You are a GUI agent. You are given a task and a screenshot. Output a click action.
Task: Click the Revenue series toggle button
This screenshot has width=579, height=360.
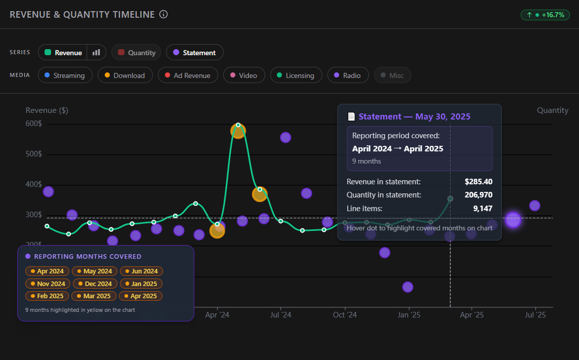(63, 53)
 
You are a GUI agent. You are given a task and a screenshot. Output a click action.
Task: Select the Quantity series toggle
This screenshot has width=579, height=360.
(136, 53)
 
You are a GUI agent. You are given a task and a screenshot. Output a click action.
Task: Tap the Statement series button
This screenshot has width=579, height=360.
(194, 53)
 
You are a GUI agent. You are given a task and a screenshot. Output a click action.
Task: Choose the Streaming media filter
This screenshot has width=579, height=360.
(64, 75)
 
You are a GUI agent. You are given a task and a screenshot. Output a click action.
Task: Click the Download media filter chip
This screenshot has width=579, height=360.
(125, 75)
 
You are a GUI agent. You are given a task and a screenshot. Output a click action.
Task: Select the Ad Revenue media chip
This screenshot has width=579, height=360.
(187, 75)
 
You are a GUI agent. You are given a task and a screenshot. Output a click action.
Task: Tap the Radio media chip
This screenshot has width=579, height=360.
(347, 75)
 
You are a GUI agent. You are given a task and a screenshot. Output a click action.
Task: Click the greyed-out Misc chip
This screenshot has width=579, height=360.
(392, 75)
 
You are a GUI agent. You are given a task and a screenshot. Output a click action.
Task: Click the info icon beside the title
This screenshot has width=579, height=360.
(163, 15)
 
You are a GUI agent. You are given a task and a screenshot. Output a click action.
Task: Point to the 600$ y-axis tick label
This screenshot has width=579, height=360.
(33, 124)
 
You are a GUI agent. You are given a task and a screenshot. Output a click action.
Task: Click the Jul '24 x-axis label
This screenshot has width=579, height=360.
(280, 315)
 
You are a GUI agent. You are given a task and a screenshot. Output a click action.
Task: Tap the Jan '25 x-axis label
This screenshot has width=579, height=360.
(408, 315)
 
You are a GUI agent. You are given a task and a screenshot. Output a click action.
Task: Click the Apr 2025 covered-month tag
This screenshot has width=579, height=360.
(140, 296)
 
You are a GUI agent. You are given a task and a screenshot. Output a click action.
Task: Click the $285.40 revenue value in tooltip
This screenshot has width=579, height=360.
(478, 182)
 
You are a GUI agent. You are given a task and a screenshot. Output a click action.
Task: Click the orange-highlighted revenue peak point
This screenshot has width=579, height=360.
(238, 131)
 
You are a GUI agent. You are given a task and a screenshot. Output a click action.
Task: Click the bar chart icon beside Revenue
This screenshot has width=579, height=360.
(96, 53)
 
